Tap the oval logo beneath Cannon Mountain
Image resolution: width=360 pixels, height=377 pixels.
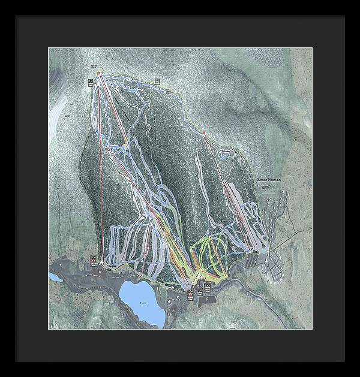(x=266, y=186)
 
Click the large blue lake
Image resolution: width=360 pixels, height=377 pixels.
(x=142, y=301)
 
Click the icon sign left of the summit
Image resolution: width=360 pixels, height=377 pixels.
(x=90, y=81)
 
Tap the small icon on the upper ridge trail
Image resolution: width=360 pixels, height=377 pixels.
(x=157, y=80)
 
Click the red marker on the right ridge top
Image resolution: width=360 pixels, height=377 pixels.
(x=204, y=132)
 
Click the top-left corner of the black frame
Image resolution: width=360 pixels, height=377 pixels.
(x=16, y=16)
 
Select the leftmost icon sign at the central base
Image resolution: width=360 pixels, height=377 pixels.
(x=189, y=293)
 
